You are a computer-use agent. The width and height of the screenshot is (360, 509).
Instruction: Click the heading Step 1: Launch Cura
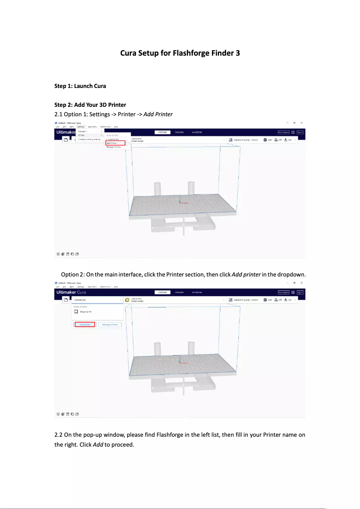(80, 86)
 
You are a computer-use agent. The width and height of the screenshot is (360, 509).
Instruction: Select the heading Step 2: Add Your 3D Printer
(90, 105)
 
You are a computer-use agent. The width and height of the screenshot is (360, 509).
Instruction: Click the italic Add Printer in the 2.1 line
(158, 114)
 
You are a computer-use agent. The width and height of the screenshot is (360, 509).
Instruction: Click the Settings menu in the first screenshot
(81, 127)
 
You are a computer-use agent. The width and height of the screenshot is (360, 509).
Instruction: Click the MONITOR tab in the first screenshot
(196, 133)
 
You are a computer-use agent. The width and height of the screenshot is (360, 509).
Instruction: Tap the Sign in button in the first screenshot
(300, 132)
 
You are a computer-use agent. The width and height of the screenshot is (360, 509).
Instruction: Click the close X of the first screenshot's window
(302, 123)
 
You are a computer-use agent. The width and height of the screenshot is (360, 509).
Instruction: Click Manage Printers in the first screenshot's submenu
(114, 147)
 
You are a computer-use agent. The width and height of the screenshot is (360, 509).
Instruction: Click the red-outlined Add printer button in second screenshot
(85, 324)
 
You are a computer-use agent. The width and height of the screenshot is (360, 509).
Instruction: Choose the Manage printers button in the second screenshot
(110, 324)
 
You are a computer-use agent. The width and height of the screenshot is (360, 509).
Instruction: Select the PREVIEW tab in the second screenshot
(179, 292)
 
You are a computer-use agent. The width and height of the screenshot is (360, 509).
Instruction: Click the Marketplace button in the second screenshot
(283, 292)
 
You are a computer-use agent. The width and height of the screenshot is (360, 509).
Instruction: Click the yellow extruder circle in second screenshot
(127, 299)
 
